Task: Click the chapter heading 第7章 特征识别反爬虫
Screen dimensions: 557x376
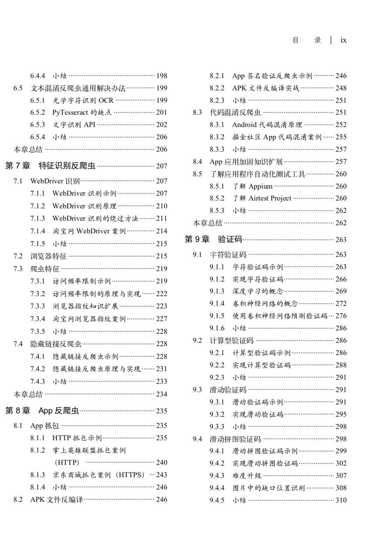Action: point(50,165)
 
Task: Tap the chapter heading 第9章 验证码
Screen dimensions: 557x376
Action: point(213,239)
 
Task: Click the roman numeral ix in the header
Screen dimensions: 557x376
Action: point(343,40)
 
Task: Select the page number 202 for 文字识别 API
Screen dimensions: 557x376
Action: point(161,124)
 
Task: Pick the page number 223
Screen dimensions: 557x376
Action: point(161,306)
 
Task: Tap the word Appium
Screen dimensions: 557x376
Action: point(261,186)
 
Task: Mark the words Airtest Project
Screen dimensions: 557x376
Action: point(270,198)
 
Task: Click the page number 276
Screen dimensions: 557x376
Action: point(341,316)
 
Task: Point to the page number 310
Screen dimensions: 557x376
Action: point(341,500)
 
